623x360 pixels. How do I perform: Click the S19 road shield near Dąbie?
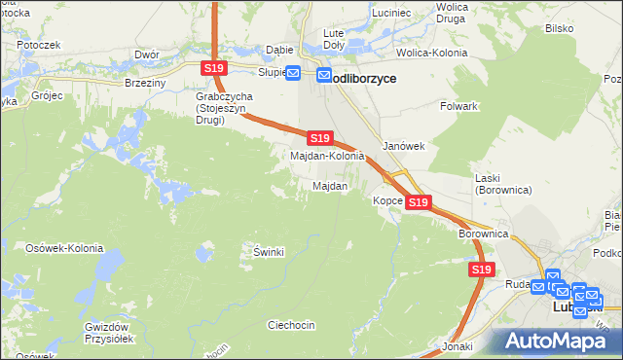pyautogui.click(x=214, y=67)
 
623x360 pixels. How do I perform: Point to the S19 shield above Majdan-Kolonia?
pyautogui.click(x=320, y=138)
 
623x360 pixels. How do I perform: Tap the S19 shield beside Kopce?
pyautogui.click(x=418, y=202)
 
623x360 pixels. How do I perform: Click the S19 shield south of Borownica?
pyautogui.click(x=480, y=269)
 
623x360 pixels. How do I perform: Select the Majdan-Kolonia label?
pyautogui.click(x=328, y=156)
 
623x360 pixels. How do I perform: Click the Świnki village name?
pyautogui.click(x=268, y=252)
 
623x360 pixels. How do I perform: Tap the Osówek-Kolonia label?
pyautogui.click(x=64, y=248)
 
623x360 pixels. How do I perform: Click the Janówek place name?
pyautogui.click(x=403, y=145)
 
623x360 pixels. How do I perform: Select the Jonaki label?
pyautogui.click(x=457, y=346)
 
